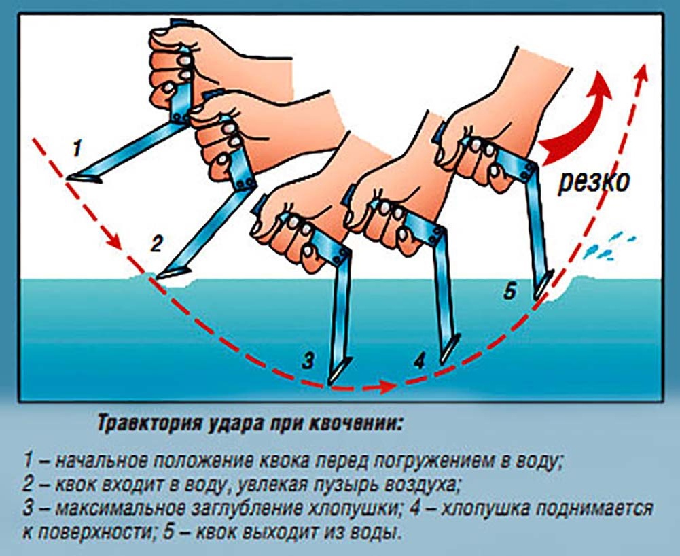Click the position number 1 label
[x=78, y=147]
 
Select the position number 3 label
[x=308, y=361]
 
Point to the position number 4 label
[x=419, y=361]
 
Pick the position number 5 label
[x=510, y=292]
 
